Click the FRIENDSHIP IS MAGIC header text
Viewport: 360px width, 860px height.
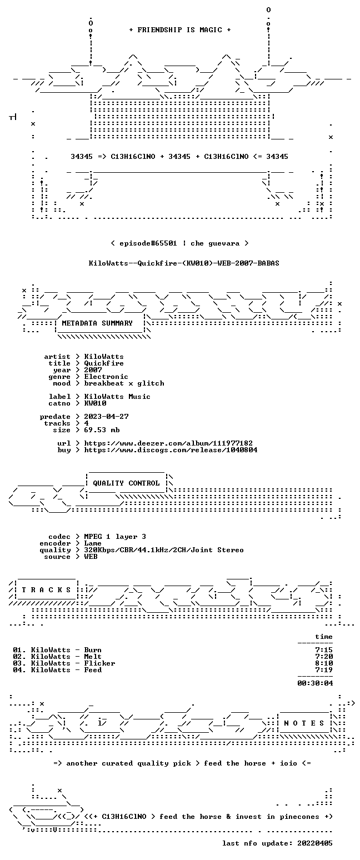pyautogui.click(x=180, y=30)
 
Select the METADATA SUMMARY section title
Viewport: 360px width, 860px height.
pyautogui.click(x=97, y=323)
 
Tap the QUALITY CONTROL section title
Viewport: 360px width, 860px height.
pyautogui.click(x=126, y=483)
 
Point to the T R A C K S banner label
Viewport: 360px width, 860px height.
pyautogui.click(x=47, y=589)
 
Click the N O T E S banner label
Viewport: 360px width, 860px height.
pyautogui.click(x=304, y=723)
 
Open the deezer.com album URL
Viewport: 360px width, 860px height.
pyautogui.click(x=168, y=443)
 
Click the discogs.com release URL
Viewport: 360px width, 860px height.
pyautogui.click(x=171, y=450)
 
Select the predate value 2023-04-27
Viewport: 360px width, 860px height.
pyautogui.click(x=106, y=417)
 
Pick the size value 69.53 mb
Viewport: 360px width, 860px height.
pyautogui.click(x=102, y=430)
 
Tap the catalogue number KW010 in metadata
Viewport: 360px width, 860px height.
pyautogui.click(x=95, y=403)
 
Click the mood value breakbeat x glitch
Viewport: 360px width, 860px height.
pyautogui.click(x=124, y=383)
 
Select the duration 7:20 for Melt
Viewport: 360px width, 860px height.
pyautogui.click(x=324, y=657)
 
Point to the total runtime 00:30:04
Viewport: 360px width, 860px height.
pyautogui.click(x=315, y=683)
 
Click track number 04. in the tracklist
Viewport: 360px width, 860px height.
pyautogui.click(x=19, y=670)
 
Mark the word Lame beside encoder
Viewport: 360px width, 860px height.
pyautogui.click(x=93, y=543)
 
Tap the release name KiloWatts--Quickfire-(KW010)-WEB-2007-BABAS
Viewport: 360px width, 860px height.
pyautogui.click(x=184, y=263)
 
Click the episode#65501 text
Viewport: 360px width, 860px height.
pyautogui.click(x=148, y=243)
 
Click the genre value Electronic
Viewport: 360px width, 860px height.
pyautogui.click(x=106, y=377)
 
